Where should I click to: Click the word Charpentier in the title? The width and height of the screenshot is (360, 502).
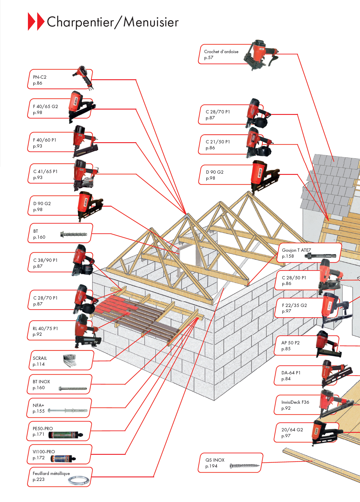[80, 22]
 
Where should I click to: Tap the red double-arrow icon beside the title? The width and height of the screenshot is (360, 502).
[36, 21]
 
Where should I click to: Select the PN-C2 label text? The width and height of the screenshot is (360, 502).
[40, 77]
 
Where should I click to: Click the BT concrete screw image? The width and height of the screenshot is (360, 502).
[74, 234]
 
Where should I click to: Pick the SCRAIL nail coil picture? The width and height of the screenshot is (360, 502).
[70, 360]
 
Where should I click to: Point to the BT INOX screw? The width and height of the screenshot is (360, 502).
[73, 388]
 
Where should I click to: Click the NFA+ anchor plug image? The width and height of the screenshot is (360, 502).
[68, 411]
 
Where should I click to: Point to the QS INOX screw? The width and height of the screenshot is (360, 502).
[245, 466]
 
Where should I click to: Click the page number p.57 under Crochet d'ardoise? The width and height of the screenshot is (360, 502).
[209, 58]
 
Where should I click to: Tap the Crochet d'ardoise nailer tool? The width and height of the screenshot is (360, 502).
[260, 55]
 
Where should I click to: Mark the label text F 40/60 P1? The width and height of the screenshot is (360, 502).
[45, 140]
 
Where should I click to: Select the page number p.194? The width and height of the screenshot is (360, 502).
[211, 466]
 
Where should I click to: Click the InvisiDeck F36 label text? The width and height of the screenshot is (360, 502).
[295, 402]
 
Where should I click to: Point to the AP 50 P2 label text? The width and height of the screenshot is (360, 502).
[290, 343]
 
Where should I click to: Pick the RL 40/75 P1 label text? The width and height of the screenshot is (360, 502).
[45, 328]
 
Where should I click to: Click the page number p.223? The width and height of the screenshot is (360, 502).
[39, 479]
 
